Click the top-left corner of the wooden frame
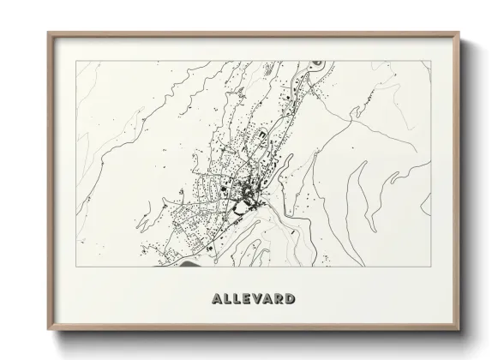click(x=48, y=33)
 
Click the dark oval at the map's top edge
click(x=317, y=63)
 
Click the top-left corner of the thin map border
click(x=75, y=62)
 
